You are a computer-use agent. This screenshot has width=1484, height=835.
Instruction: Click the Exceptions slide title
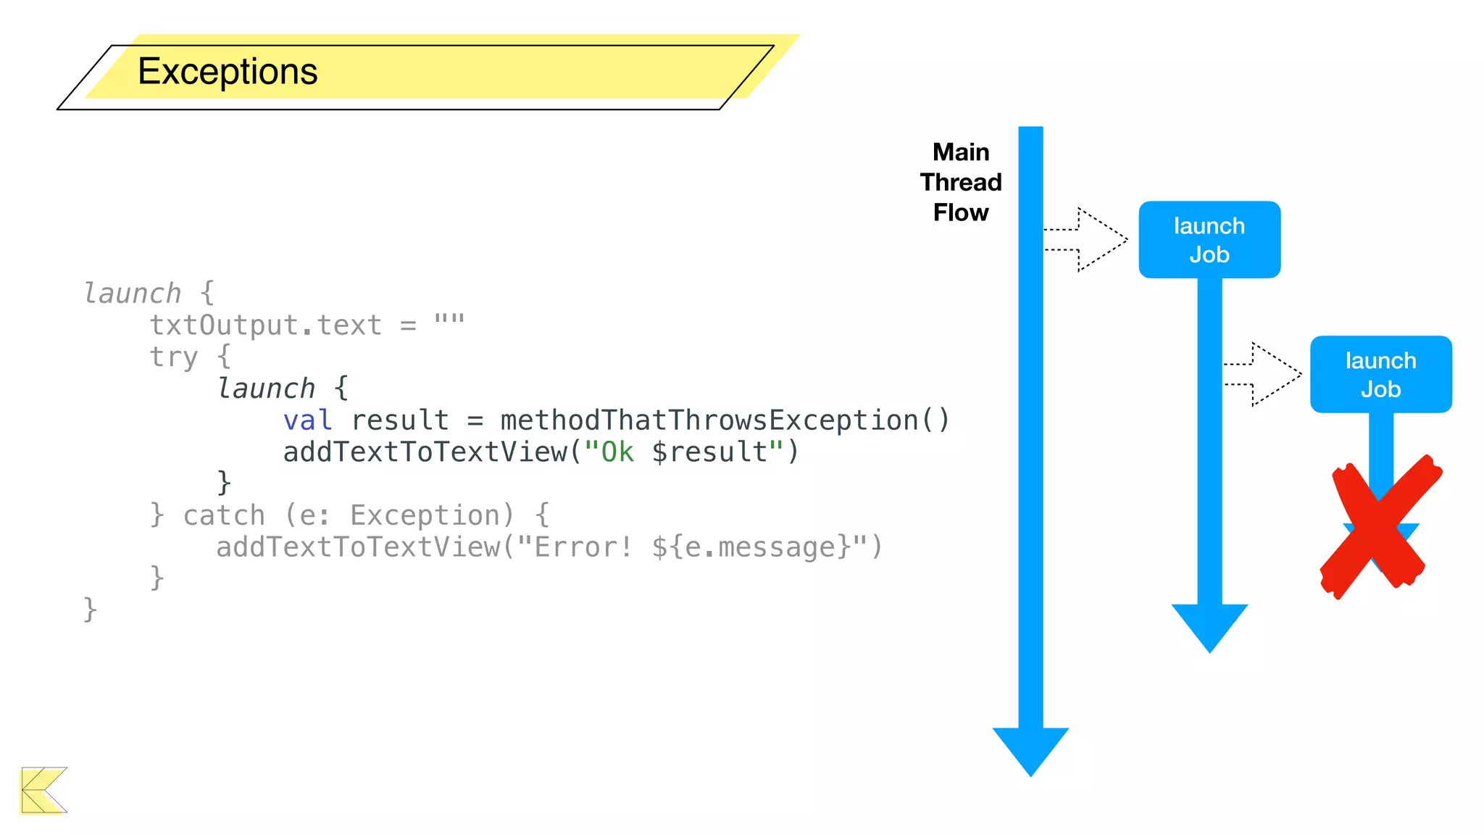point(228,72)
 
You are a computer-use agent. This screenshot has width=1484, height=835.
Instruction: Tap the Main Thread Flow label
point(960,182)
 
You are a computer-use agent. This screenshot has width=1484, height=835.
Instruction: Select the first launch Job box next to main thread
point(1209,240)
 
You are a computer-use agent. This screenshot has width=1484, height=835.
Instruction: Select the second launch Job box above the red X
point(1380,375)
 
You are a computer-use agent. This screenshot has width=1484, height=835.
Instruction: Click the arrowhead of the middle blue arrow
point(1209,625)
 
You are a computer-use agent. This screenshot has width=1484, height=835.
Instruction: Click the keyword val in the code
point(307,420)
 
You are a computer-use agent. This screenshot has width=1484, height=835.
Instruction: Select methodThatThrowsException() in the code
point(724,420)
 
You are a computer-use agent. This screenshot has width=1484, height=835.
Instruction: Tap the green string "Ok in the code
point(609,452)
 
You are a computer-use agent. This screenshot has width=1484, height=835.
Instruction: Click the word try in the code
point(173,357)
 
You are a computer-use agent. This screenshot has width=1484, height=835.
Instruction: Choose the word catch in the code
point(223,515)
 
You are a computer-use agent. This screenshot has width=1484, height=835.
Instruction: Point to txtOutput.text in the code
point(265,325)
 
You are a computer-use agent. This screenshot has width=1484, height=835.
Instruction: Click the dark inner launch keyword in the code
point(266,389)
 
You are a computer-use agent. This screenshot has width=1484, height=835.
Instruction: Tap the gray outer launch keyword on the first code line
point(132,294)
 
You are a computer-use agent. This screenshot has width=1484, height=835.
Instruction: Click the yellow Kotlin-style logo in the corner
point(43,790)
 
